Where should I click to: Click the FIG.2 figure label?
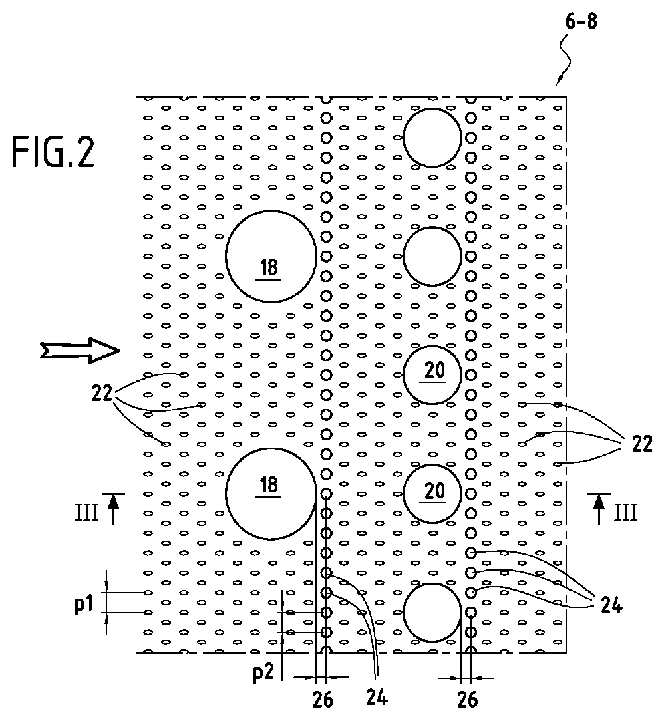tap(53, 152)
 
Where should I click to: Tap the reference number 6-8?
tap(581, 21)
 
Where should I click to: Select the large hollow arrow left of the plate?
tap(80, 351)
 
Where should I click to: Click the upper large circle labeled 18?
tap(271, 256)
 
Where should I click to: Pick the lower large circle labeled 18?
tap(271, 494)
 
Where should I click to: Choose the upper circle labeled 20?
tap(432, 375)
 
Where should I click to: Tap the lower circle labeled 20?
tap(432, 494)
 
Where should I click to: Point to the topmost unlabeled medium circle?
tap(432, 138)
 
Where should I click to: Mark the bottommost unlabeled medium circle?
tap(432, 612)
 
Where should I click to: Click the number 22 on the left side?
tap(102, 392)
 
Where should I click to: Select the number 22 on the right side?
tap(642, 443)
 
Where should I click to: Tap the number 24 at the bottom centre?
tap(377, 697)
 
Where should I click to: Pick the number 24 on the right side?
tap(611, 605)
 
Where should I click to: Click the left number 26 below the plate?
tap(323, 700)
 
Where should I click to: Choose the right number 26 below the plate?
tap(467, 699)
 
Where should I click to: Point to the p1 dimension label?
tap(84, 605)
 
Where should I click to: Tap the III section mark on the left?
tap(86, 513)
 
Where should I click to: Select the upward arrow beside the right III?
tap(599, 508)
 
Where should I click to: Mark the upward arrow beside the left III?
tap(113, 508)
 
